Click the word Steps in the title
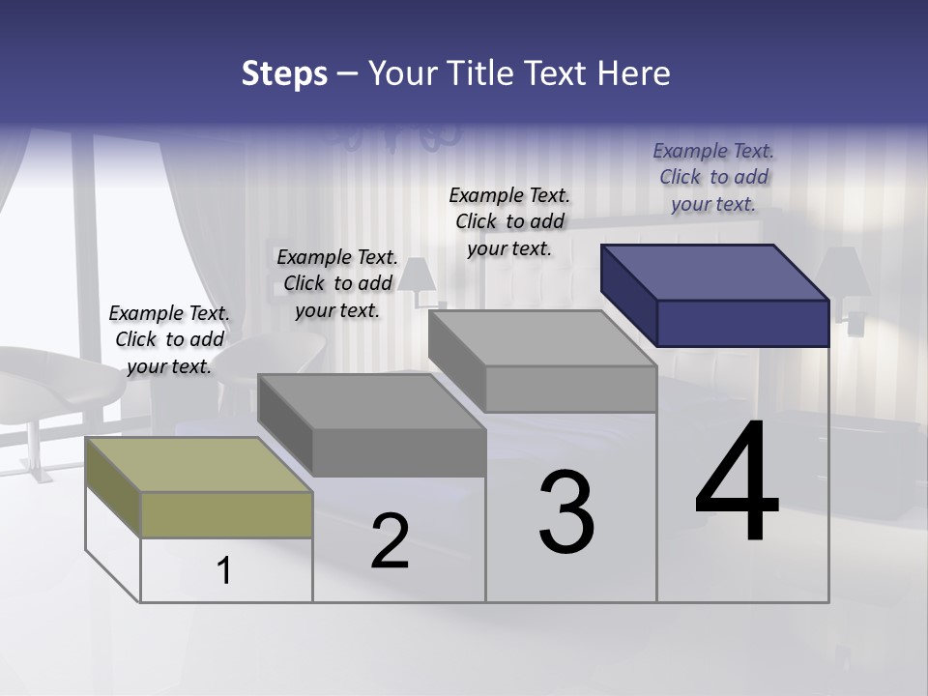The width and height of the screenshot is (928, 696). click(284, 73)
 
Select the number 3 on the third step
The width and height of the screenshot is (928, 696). click(566, 512)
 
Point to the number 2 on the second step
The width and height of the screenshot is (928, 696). click(390, 541)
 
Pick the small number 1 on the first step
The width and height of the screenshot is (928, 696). click(224, 571)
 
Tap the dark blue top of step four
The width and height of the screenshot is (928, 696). click(715, 272)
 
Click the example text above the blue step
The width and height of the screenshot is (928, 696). click(713, 177)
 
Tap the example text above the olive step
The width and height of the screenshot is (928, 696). click(169, 339)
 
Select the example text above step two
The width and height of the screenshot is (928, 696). click(337, 283)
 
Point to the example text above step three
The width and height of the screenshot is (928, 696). click(509, 221)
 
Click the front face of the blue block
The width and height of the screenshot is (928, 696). click(742, 323)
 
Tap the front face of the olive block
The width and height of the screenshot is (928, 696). click(226, 514)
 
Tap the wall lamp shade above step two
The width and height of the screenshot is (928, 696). click(418, 276)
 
